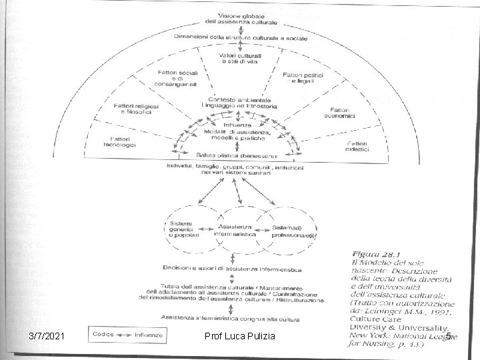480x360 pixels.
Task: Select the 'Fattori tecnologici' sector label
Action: click(121, 142)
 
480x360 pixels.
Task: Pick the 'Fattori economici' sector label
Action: click(339, 113)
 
